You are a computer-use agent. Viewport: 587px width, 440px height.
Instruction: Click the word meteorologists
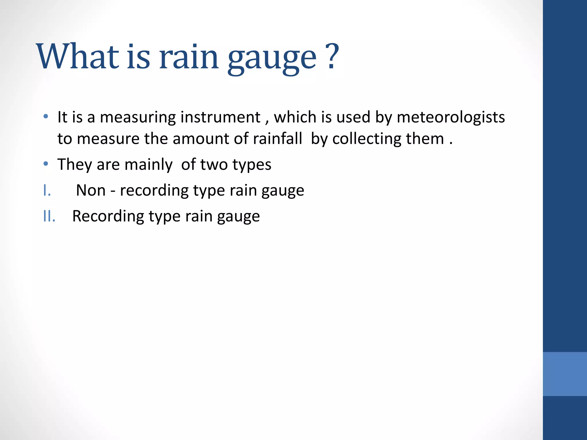[451, 118]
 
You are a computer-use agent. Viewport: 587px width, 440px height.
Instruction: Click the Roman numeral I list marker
[47, 190]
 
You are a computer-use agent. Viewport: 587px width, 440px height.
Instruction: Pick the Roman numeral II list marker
[49, 216]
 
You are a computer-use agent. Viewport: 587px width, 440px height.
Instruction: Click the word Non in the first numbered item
[91, 190]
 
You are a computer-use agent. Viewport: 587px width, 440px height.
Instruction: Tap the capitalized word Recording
[108, 217]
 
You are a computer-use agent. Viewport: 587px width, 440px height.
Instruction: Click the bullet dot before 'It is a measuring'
[46, 117]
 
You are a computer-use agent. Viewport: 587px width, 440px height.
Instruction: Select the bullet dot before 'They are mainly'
[46, 164]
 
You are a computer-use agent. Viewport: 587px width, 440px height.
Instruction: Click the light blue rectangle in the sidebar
[565, 374]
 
